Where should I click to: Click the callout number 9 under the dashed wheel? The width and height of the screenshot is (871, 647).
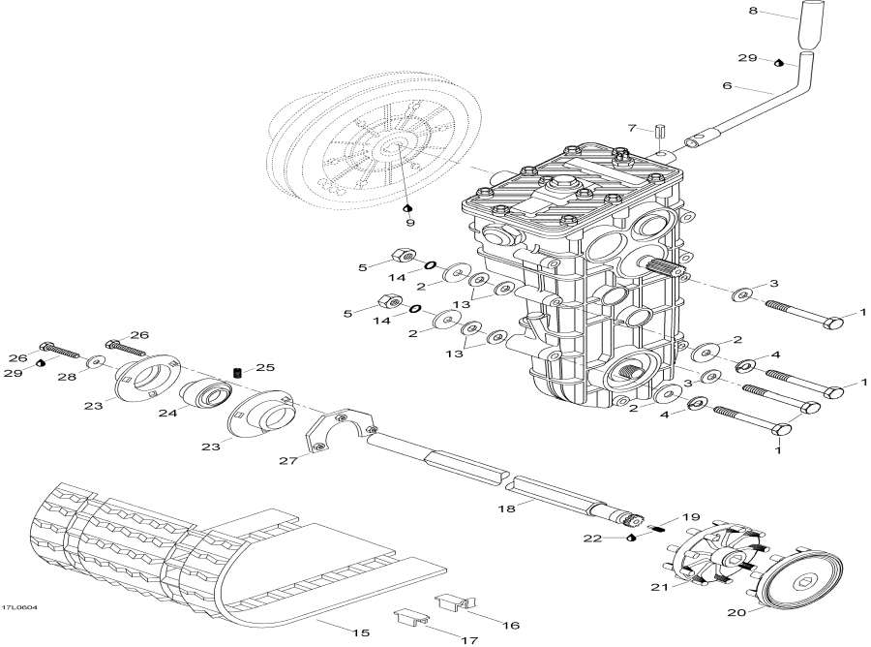tap(408, 223)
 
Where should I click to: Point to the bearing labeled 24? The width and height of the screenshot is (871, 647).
tap(204, 397)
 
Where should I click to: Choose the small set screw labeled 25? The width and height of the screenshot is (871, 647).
tap(237, 372)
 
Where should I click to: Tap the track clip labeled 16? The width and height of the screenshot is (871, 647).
tap(451, 602)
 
